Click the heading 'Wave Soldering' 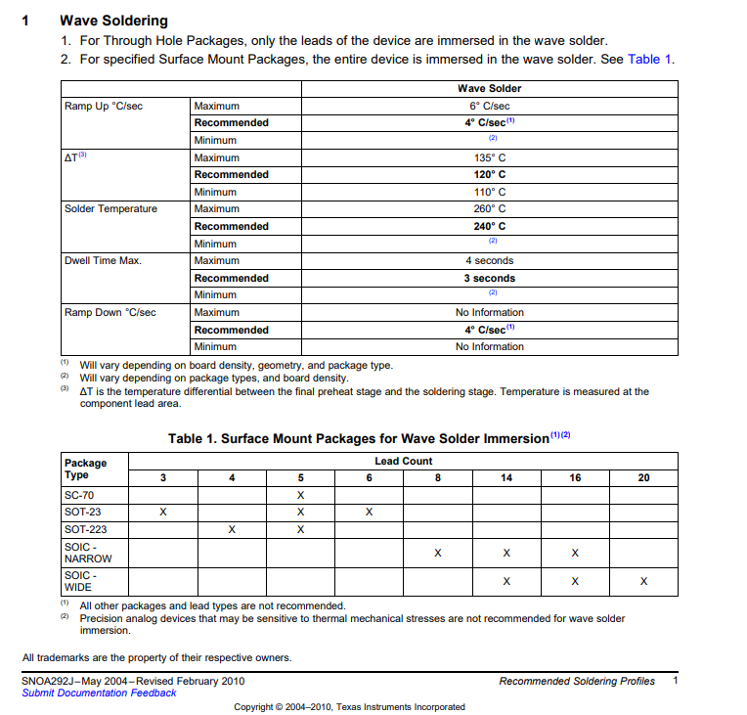pos(113,21)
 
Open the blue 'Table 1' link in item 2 pos(649,59)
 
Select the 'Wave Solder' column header pos(489,88)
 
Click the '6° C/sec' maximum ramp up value pos(489,106)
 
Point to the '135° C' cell pos(489,157)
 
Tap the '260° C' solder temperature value pos(489,208)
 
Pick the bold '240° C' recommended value pos(489,226)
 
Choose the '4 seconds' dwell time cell pos(489,260)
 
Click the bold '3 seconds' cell pos(489,278)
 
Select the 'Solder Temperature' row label pos(110,208)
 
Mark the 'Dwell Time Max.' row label pos(103,260)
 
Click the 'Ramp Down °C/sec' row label pos(110,312)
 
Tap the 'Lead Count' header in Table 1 pos(403,461)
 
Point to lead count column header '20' pos(643,477)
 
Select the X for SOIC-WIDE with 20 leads pos(643,581)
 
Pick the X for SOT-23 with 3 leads pos(163,512)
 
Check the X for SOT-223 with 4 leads pos(232,529)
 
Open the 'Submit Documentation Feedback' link pos(99,693)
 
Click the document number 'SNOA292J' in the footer pos(49,681)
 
